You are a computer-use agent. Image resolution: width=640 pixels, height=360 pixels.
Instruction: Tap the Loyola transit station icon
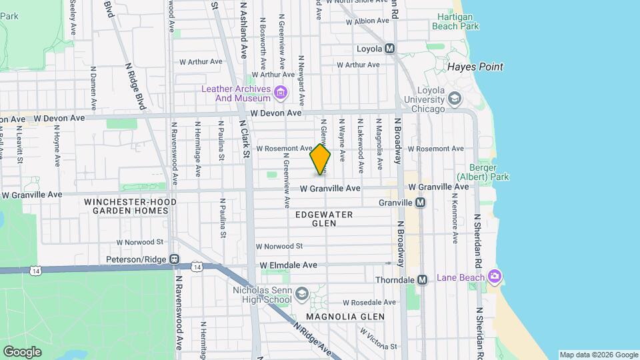(x=390, y=49)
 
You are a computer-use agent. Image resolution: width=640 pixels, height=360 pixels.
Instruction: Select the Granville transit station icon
(x=420, y=203)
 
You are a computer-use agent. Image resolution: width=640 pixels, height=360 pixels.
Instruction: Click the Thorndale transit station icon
(x=421, y=280)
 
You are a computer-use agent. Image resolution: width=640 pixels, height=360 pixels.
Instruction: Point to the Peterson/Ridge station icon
(x=174, y=259)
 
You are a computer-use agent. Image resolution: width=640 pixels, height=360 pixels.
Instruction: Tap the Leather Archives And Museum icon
(x=281, y=92)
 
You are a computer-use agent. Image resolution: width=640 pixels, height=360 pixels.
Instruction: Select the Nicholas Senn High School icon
(x=301, y=294)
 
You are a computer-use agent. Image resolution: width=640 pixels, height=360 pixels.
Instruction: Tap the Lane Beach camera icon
(x=494, y=276)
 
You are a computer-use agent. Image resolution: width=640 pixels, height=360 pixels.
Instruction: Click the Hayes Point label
(x=475, y=67)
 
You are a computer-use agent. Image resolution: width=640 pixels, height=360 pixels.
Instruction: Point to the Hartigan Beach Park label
(x=455, y=21)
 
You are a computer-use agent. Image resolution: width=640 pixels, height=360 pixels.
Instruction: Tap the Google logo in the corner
(x=22, y=351)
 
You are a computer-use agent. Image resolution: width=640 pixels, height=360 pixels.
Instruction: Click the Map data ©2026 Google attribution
(x=598, y=355)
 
